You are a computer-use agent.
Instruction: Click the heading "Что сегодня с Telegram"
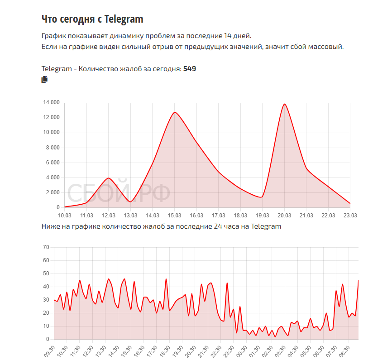pyautogui.click(x=92, y=19)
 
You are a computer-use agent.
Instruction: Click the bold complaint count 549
pyautogui.click(x=189, y=69)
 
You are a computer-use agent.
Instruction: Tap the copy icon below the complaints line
pyautogui.click(x=44, y=80)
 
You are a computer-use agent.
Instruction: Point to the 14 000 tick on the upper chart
pyautogui.click(x=51, y=103)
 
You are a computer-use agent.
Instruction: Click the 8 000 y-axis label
pyautogui.click(x=52, y=148)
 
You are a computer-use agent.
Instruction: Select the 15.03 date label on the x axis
pyautogui.click(x=175, y=215)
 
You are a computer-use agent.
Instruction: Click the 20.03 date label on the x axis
pyautogui.click(x=284, y=215)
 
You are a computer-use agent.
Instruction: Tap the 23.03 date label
pyautogui.click(x=350, y=215)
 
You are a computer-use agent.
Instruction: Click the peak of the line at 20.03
pyautogui.click(x=284, y=104)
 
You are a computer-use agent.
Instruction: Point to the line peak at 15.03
pyautogui.click(x=175, y=112)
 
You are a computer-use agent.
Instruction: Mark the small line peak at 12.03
pyautogui.click(x=108, y=178)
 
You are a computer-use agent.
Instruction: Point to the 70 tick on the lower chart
pyautogui.click(x=46, y=247)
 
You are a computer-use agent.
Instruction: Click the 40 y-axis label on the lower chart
pyautogui.click(x=46, y=287)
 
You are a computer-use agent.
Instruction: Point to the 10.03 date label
pyautogui.click(x=65, y=215)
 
